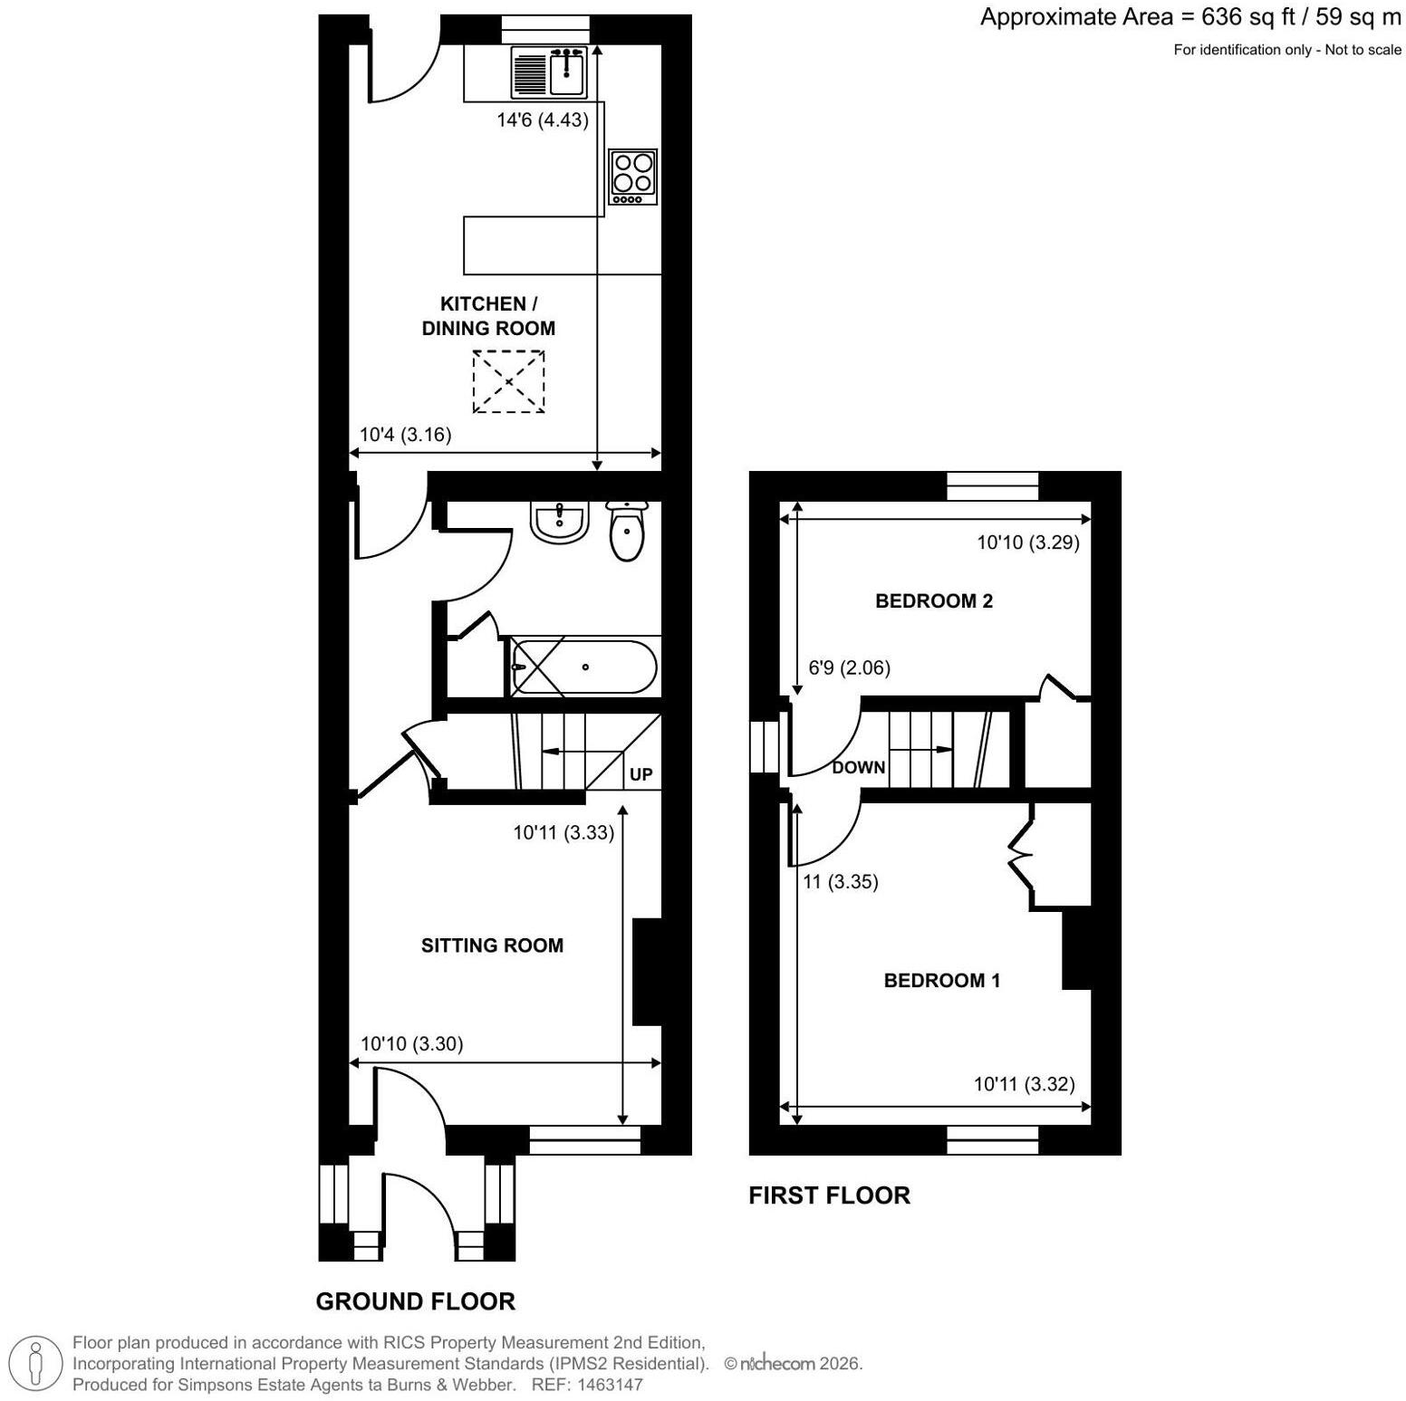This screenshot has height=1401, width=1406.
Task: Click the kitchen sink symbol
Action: [550, 72]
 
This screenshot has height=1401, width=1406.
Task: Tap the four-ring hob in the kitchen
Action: [632, 177]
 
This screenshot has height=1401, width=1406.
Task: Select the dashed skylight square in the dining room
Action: [509, 381]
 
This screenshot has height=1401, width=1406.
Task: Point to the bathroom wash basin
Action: [560, 523]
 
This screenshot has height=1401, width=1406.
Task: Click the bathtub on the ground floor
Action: [583, 667]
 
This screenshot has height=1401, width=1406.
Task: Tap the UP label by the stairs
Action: [640, 775]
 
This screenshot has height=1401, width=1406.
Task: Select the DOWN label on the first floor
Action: [859, 768]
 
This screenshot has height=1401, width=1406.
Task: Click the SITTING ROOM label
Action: [492, 945]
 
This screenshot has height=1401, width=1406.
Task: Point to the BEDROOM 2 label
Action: [934, 600]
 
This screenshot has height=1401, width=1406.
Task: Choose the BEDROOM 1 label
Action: [942, 980]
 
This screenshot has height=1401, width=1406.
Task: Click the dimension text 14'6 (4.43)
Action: [543, 120]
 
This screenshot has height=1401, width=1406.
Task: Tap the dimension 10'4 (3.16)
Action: [405, 435]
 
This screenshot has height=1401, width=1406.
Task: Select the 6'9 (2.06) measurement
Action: [849, 668]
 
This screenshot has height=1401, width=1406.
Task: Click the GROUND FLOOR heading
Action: [416, 1301]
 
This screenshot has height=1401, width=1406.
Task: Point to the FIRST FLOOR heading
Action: [830, 1195]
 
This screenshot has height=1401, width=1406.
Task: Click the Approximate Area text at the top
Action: [1190, 17]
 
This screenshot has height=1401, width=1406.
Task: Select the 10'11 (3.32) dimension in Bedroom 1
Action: [1025, 1084]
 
